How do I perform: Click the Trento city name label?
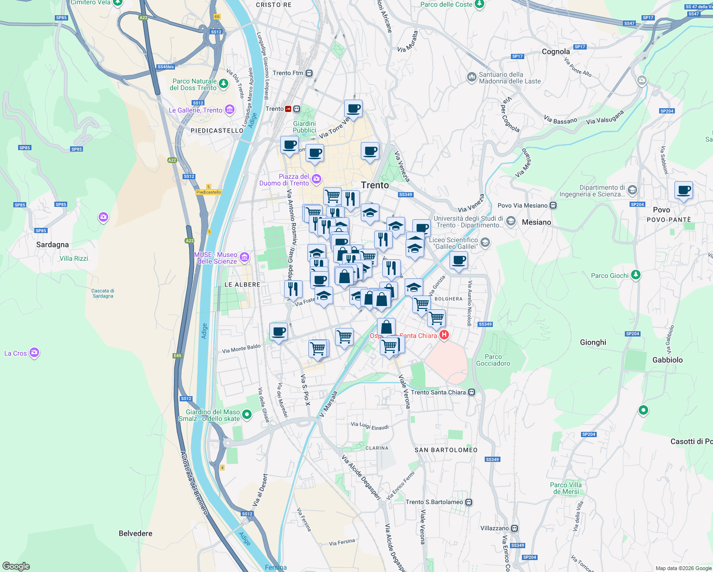(375, 185)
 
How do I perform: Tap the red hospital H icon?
(444, 335)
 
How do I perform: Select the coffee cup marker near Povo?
(683, 190)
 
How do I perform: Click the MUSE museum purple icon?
(244, 257)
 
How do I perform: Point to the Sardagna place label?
(52, 245)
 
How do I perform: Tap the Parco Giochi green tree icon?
(635, 275)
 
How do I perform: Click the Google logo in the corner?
(16, 566)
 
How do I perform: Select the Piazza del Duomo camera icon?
(316, 179)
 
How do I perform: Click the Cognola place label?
(556, 51)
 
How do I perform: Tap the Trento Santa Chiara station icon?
(471, 392)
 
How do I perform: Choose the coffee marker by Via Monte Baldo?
(278, 331)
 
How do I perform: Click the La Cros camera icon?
(34, 353)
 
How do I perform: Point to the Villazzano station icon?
(514, 528)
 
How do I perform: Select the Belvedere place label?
(135, 533)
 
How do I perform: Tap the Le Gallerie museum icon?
(229, 110)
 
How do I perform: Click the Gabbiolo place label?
(667, 360)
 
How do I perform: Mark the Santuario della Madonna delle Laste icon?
(471, 77)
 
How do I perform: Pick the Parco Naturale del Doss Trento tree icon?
(223, 84)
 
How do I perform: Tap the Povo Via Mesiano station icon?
(553, 205)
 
